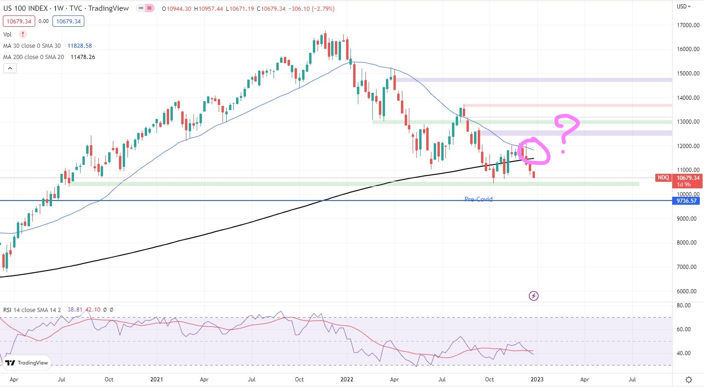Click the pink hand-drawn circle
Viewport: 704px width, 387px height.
(x=534, y=151)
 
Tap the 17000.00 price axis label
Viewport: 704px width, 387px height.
(x=688, y=25)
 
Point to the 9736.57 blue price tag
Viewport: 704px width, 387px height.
(x=687, y=201)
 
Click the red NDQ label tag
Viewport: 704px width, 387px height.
(x=663, y=178)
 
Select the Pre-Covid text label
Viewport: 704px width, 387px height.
(x=478, y=199)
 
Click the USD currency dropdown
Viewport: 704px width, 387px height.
(x=683, y=7)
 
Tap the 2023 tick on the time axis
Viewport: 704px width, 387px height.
(x=537, y=380)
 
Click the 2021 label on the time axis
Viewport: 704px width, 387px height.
(x=156, y=380)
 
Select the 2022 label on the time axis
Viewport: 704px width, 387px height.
(x=347, y=380)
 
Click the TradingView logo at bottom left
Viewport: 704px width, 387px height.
(x=27, y=363)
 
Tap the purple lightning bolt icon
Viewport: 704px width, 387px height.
(x=534, y=296)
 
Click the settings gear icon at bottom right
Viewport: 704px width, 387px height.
(x=689, y=380)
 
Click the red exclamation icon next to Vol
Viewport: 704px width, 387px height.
(x=22, y=34)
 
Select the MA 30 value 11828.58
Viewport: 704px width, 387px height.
(x=80, y=46)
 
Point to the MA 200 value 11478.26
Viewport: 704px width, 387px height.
(x=83, y=57)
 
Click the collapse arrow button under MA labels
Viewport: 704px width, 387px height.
(x=10, y=68)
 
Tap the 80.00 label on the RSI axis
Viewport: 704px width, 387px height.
(x=684, y=305)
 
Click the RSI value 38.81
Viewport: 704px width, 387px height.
(x=75, y=310)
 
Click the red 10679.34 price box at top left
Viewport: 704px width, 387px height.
(x=19, y=22)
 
